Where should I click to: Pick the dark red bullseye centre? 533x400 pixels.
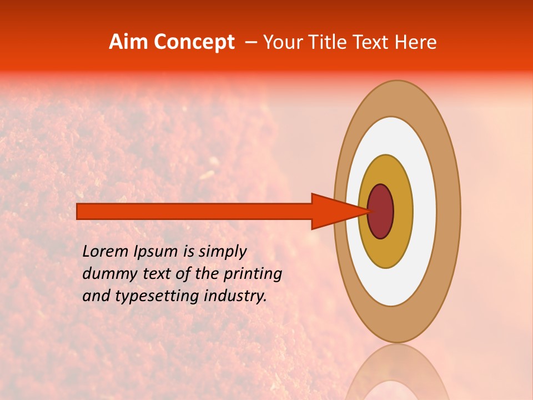click(x=381, y=212)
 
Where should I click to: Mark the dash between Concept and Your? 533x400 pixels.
click(x=251, y=42)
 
